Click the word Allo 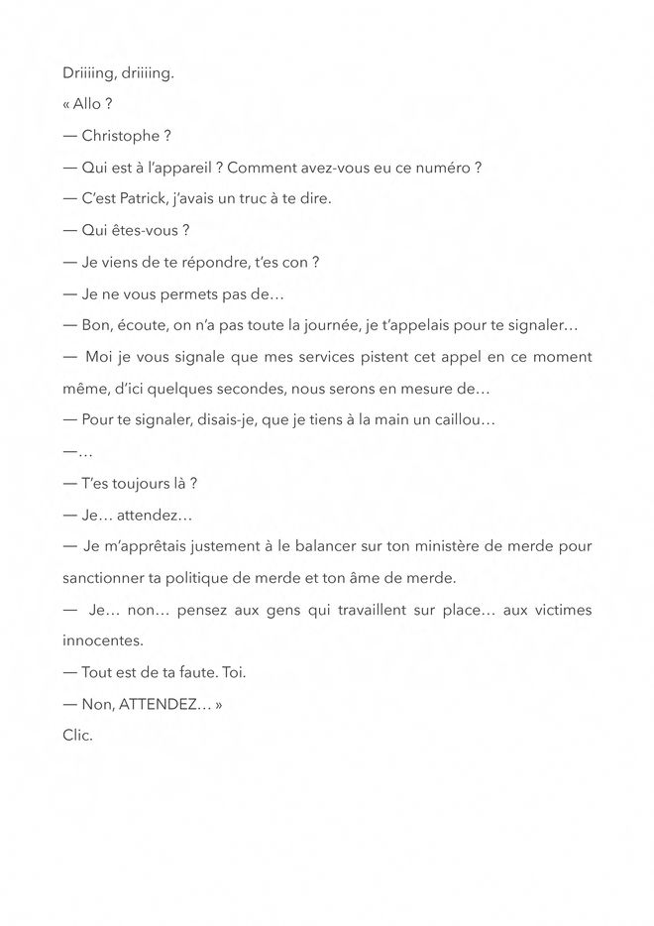point(86,104)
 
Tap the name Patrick point(150,199)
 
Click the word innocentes point(102,640)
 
